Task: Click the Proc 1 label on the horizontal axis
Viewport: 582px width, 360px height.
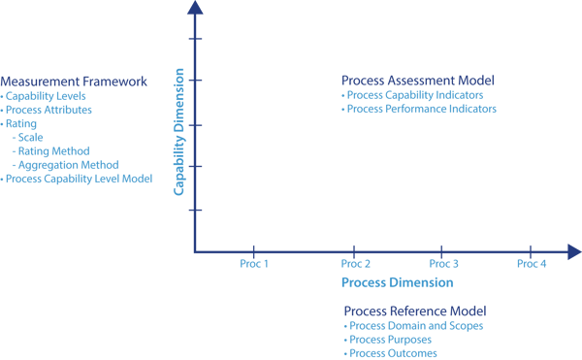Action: point(253,264)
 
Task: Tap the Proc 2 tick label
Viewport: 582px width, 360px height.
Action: point(356,264)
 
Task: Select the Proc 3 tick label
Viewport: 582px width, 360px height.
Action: point(443,264)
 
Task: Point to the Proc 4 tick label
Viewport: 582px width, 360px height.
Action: point(532,264)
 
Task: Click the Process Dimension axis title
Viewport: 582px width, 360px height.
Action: point(397,282)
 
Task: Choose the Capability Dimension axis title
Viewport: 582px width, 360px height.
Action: point(179,131)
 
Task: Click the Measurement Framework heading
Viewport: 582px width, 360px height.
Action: point(73,82)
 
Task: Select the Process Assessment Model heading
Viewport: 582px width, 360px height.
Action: point(418,80)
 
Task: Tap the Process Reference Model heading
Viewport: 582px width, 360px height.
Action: point(414,311)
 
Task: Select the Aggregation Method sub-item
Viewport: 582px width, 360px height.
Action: point(64,165)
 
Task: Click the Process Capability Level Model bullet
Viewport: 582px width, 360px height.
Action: point(78,180)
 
